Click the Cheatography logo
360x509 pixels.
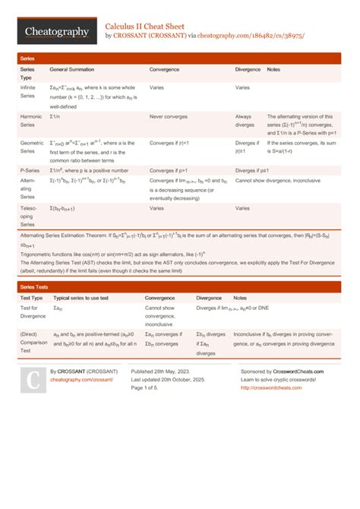pos(55,31)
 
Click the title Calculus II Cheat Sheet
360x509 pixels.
pos(150,25)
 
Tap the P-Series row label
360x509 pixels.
pos(30,170)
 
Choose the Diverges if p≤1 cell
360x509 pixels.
pos(252,170)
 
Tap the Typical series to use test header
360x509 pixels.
pos(84,299)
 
